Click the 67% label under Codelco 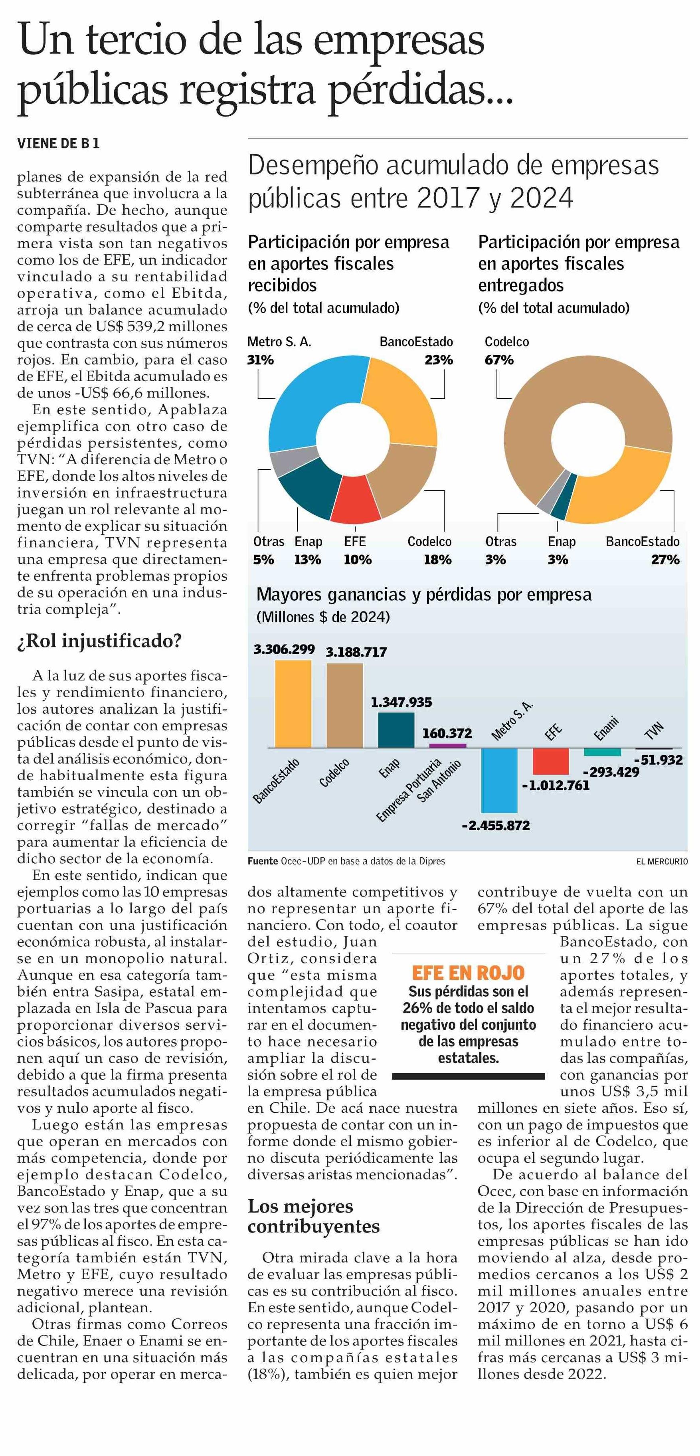(499, 360)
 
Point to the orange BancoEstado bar (293, 704)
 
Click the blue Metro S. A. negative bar (499, 780)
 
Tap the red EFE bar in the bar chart (550, 761)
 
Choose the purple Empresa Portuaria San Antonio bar (447, 746)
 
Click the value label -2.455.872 (496, 826)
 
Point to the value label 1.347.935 (401, 702)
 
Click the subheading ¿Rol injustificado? (99, 641)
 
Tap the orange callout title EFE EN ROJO (469, 972)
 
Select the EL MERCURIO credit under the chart (662, 861)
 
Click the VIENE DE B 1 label (58, 144)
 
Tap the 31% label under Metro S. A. (261, 360)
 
